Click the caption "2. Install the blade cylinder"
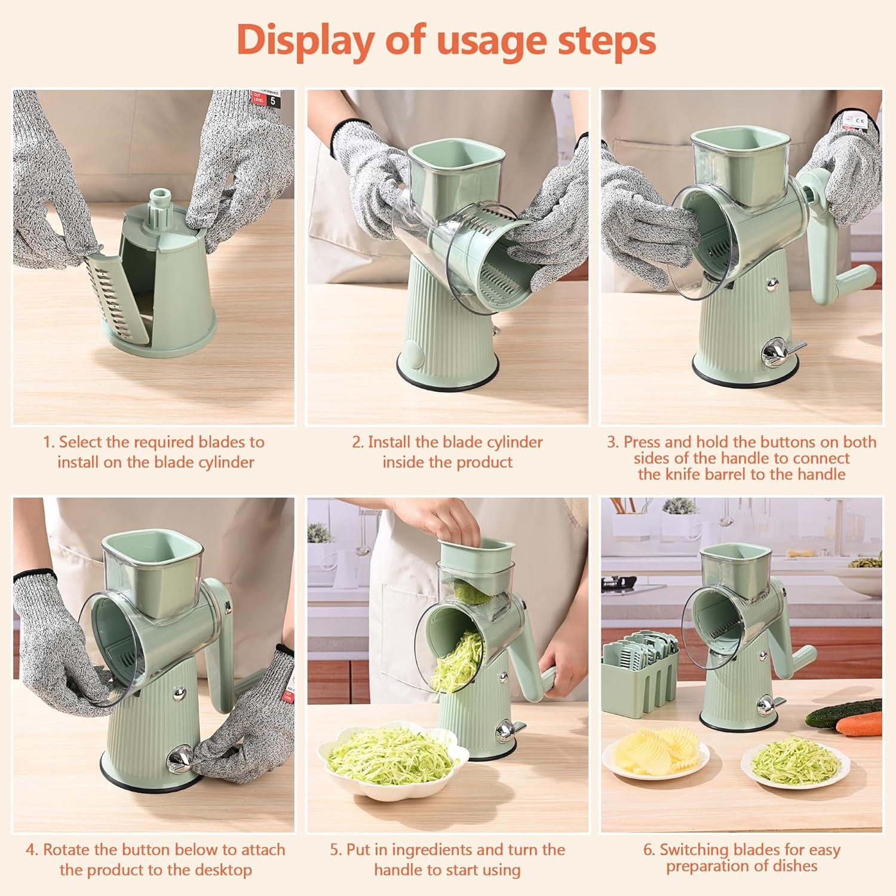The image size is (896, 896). coord(447,443)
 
